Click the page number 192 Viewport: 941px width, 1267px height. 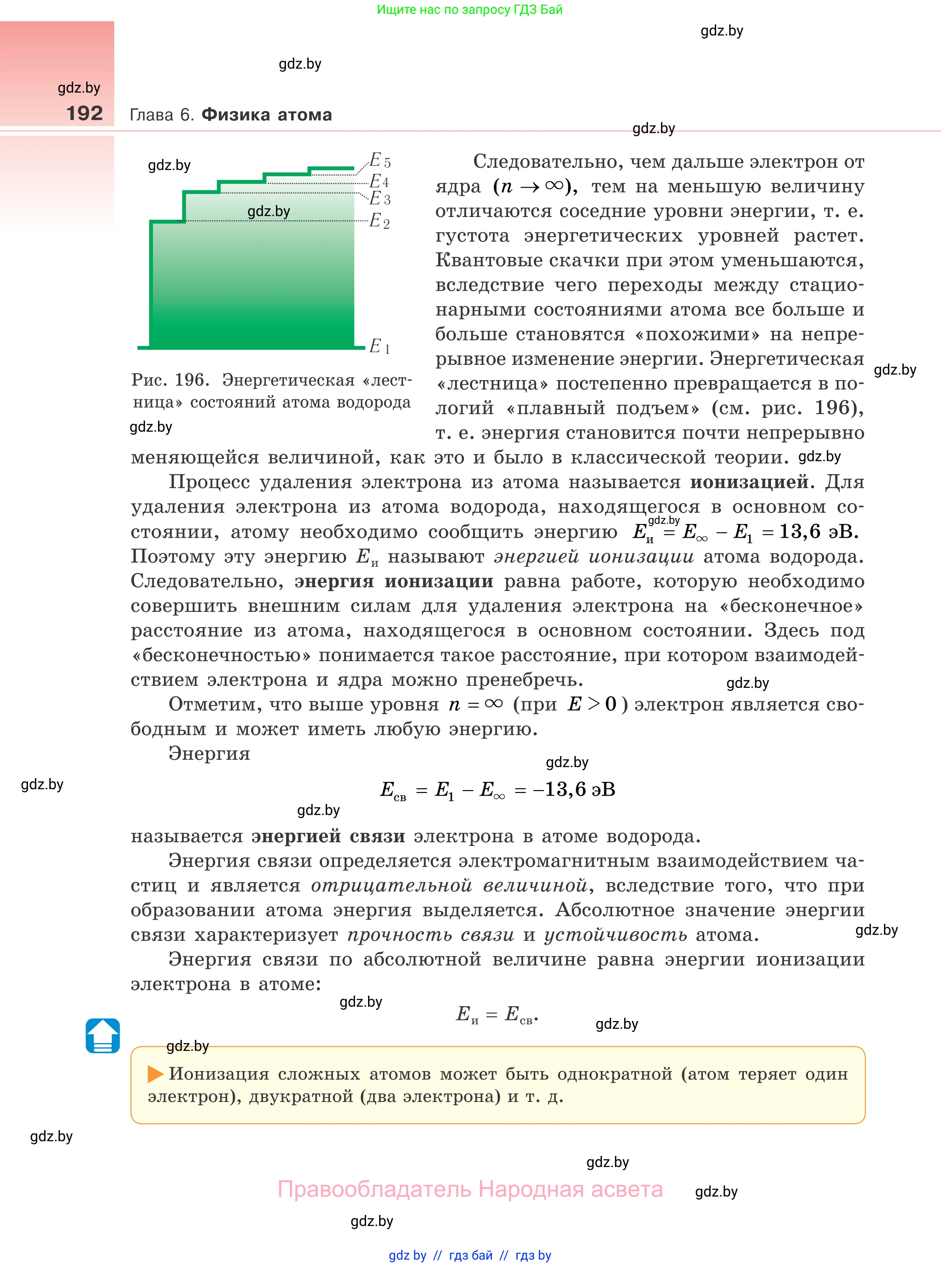84,113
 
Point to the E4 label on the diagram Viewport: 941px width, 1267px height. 379,181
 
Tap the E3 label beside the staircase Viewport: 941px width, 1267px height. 380,199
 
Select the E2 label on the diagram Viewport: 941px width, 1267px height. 380,221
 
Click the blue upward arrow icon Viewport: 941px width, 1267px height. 103,1035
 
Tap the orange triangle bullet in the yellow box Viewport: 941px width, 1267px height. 155,1074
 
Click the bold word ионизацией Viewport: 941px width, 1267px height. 749,482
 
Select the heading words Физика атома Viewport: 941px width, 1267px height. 267,115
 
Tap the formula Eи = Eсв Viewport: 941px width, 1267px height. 497,1015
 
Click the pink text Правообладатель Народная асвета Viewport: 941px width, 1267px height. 470,1190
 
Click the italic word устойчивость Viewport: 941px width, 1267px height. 615,935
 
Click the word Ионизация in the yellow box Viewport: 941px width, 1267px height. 219,1074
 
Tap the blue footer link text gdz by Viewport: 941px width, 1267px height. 407,1255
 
